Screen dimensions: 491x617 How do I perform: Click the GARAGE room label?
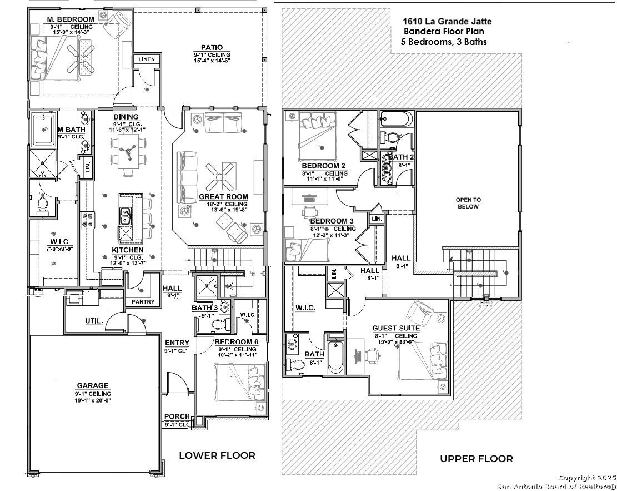coord(93,386)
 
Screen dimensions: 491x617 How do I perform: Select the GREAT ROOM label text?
coord(223,197)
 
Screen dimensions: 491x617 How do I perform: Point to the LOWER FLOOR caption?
coord(217,455)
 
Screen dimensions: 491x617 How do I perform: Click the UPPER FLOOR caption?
coord(476,459)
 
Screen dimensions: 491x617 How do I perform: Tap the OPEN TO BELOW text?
coord(468,203)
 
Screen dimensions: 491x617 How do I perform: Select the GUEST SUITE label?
coord(395,328)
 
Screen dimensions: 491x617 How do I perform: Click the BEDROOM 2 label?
coord(324,166)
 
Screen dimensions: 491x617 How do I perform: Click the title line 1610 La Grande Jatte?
coord(447,22)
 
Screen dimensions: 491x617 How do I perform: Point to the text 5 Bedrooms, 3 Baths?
coord(444,42)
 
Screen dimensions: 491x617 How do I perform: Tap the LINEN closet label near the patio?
coord(147,59)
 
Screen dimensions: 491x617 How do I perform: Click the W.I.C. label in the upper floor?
coord(305,308)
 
